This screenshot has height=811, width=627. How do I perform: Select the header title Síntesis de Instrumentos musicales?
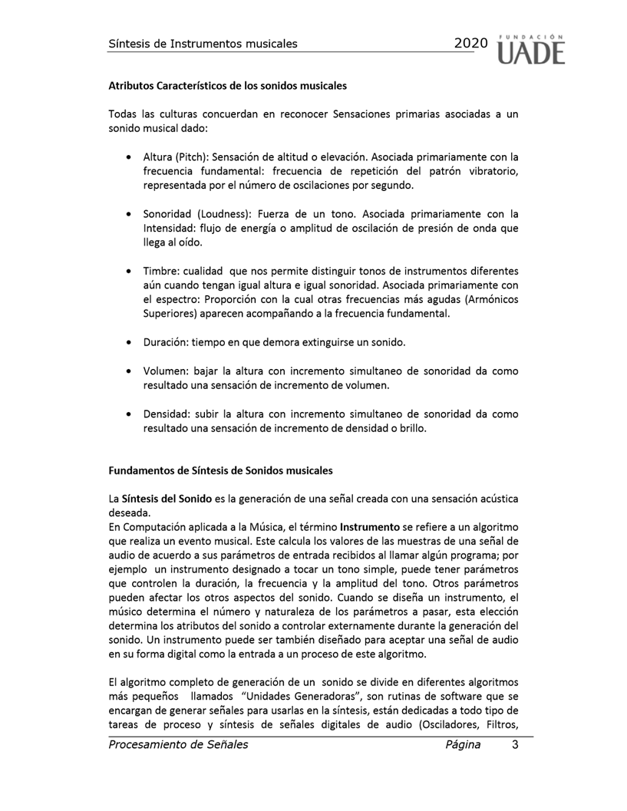click(203, 44)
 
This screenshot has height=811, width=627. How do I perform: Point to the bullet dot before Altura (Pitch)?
click(127, 158)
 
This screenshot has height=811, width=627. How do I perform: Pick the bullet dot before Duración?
click(127, 342)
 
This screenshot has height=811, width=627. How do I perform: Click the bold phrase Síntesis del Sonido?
click(167, 499)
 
